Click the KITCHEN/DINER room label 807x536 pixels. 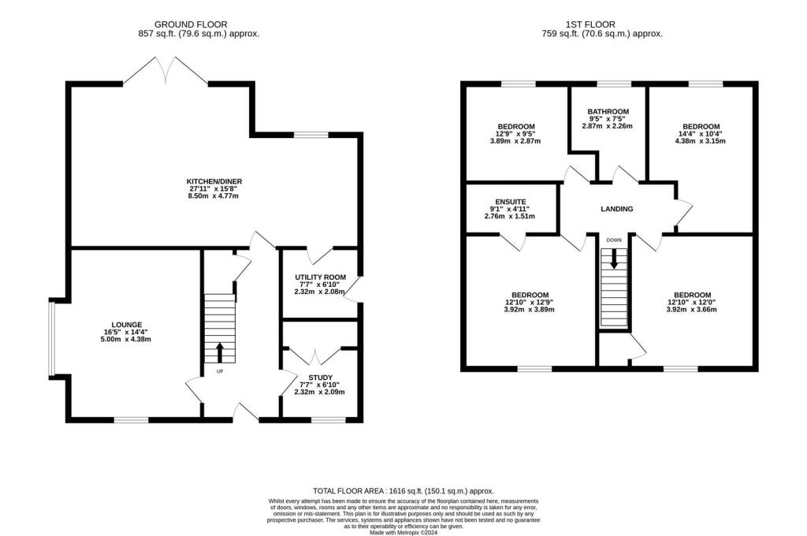[214, 181]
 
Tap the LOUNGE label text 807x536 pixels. [127, 325]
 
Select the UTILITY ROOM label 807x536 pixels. [320, 277]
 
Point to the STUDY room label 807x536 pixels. [320, 378]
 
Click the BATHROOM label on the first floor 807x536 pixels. [608, 111]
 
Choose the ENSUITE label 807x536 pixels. [511, 202]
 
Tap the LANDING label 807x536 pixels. [616, 209]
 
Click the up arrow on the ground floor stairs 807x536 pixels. [220, 352]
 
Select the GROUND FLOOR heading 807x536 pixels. [191, 24]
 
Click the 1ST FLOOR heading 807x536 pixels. [589, 24]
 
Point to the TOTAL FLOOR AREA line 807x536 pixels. [403, 491]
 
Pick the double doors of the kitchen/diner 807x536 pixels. [165, 70]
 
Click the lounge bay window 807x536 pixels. [51, 339]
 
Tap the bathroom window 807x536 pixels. [614, 84]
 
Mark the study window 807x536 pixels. [329, 420]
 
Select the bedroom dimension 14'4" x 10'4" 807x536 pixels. [701, 133]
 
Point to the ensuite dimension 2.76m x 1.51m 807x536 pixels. [510, 216]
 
